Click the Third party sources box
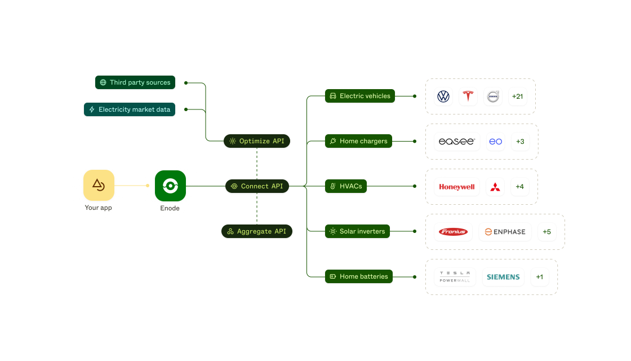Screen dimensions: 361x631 click(135, 82)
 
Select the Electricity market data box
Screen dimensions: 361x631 click(130, 109)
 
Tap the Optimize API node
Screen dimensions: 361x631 click(257, 141)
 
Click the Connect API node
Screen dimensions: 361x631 click(257, 186)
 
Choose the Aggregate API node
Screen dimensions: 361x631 click(257, 231)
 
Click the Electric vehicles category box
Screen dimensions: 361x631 click(359, 96)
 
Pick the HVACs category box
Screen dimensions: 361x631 click(346, 186)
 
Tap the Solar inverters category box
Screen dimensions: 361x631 click(357, 231)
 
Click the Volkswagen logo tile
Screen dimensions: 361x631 click(444, 96)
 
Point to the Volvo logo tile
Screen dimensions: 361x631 click(493, 96)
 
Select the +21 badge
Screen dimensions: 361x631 click(517, 96)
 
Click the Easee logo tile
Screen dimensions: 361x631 click(457, 142)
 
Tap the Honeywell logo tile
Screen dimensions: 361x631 click(457, 187)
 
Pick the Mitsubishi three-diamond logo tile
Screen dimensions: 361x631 click(495, 187)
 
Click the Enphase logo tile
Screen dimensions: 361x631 click(505, 232)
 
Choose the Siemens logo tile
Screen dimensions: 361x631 click(503, 277)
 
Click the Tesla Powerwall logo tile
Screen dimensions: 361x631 click(455, 277)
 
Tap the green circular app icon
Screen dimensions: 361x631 click(170, 186)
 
